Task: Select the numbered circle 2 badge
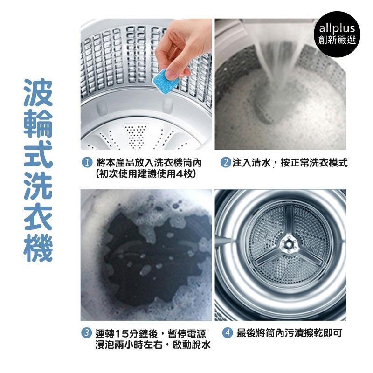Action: tap(226, 163)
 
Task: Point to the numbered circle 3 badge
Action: tap(87, 332)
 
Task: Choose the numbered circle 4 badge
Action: tap(228, 332)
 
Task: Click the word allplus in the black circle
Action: tap(337, 28)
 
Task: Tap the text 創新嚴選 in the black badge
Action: tap(337, 40)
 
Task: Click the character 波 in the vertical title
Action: tap(38, 92)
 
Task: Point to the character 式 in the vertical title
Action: tap(38, 154)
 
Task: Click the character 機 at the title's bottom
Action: tap(38, 248)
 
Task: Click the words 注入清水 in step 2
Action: tap(251, 163)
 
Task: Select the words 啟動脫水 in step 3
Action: tap(191, 345)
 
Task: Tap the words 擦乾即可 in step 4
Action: tap(323, 333)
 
